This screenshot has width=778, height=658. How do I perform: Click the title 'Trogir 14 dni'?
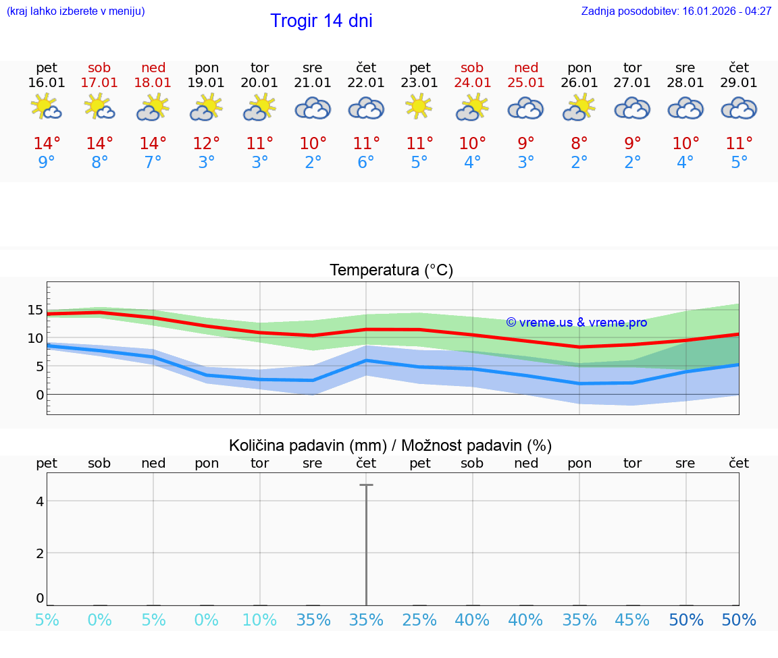click(x=321, y=21)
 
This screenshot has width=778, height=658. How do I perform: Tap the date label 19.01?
click(x=207, y=82)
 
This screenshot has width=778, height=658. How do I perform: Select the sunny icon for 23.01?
click(x=419, y=107)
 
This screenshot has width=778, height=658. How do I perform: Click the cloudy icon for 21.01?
click(x=313, y=108)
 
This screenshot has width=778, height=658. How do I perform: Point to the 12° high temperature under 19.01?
click(x=207, y=143)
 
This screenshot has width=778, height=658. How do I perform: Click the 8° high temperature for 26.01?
click(x=579, y=143)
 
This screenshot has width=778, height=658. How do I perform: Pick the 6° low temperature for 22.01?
click(x=366, y=163)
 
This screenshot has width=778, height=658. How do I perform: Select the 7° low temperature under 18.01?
click(x=153, y=163)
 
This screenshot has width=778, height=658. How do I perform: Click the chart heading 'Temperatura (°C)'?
click(x=391, y=270)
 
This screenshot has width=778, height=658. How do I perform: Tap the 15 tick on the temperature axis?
click(x=35, y=310)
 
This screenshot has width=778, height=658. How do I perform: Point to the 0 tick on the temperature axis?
click(x=40, y=394)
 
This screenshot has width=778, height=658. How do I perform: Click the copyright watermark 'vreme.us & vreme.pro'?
click(x=577, y=323)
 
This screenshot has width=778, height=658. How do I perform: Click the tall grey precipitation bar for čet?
click(x=366, y=544)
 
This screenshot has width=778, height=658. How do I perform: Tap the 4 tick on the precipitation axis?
click(x=40, y=501)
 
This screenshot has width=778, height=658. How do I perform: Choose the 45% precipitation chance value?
click(x=632, y=620)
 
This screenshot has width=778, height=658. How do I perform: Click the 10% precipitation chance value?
click(x=259, y=620)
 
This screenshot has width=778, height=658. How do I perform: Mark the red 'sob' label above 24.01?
click(x=472, y=67)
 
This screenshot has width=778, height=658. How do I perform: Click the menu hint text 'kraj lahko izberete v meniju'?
click(x=76, y=11)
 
